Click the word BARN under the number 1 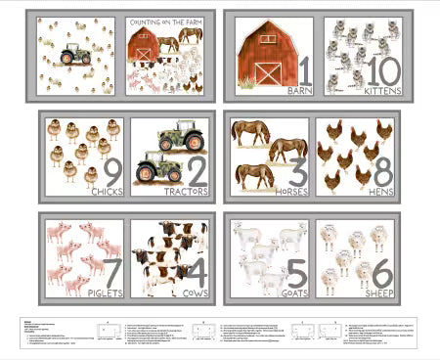298,91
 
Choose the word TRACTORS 186,191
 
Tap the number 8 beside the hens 382,171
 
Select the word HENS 380,192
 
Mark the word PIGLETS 104,292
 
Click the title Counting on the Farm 165,22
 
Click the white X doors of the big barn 267,71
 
